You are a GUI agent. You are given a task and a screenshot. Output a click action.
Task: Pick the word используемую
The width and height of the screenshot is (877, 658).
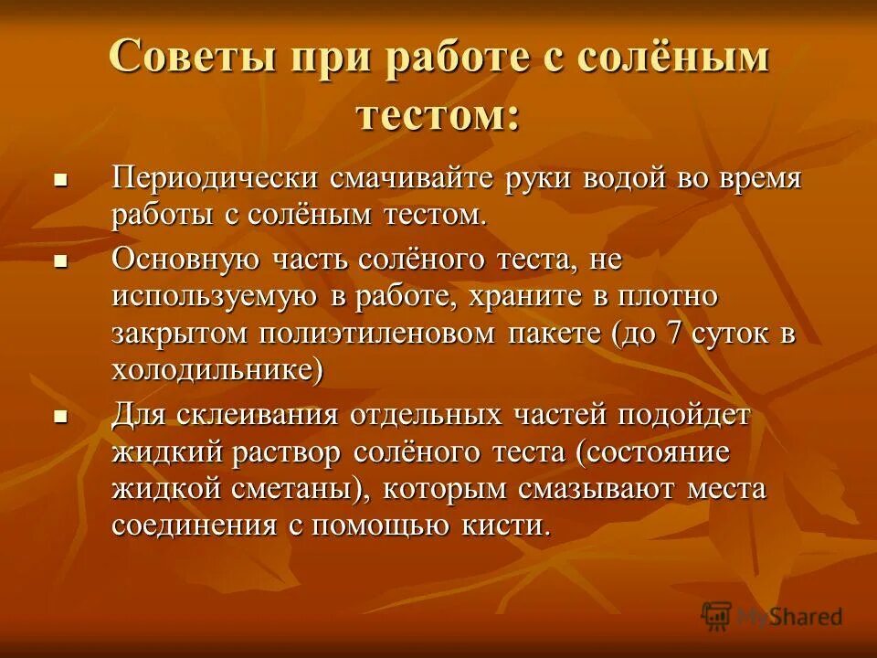215,296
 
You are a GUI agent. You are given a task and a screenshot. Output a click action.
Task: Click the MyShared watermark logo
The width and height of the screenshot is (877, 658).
772,616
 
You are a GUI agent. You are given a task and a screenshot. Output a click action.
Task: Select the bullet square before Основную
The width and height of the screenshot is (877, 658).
61,260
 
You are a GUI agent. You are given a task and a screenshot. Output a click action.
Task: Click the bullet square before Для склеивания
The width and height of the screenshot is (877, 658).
61,417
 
